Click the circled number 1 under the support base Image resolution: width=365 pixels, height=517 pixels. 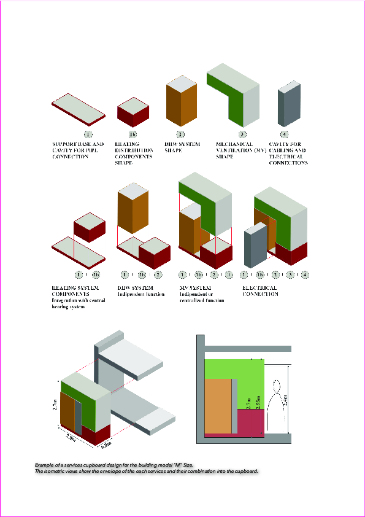(x=88, y=134)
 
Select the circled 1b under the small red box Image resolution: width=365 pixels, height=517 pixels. (x=133, y=134)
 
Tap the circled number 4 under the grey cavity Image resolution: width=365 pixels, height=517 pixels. (x=283, y=134)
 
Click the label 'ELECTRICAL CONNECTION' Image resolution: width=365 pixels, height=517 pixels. (x=260, y=290)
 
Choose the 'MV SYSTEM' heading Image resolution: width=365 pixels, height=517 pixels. (x=195, y=287)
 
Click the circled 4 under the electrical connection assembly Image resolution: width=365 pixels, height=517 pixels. (x=304, y=274)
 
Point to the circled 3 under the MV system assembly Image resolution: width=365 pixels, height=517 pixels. (x=229, y=274)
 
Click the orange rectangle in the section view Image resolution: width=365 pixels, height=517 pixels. (x=218, y=405)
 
